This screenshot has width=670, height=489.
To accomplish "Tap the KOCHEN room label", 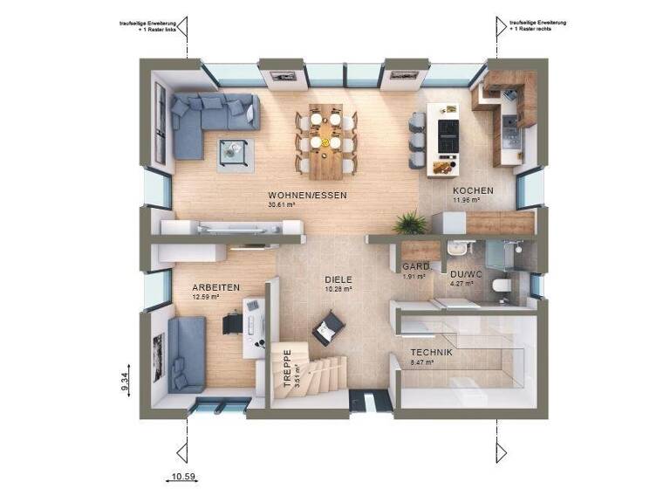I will coord(473,190).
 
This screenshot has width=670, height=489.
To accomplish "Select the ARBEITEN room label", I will coord(217,286).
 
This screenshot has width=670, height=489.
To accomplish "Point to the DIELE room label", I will coord(338,279).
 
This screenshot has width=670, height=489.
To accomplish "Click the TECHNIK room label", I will coord(432,352).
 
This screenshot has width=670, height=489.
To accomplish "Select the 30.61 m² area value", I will coord(283,205).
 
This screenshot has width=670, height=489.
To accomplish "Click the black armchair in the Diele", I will coord(329,327).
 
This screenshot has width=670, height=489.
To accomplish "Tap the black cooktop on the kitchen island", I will coord(448,134).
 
